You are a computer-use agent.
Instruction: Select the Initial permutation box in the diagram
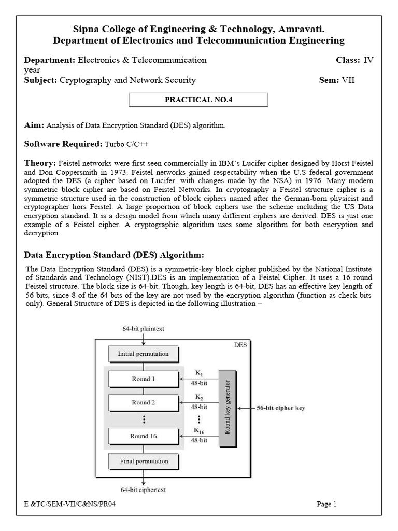[x=143, y=354]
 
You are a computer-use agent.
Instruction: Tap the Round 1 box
[x=143, y=379]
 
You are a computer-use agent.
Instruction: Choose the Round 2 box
[x=143, y=402]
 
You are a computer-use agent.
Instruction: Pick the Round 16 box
[x=143, y=436]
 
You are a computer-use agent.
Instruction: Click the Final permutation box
[x=143, y=460]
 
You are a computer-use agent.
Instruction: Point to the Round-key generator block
[x=228, y=408]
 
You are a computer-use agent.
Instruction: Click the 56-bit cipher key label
[x=280, y=408]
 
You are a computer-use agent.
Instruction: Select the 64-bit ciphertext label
[x=144, y=489]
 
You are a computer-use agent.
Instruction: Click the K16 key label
[x=200, y=430]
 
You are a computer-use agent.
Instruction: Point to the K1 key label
[x=200, y=373]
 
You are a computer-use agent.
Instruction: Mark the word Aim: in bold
[x=34, y=125]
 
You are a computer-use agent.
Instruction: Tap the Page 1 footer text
[x=326, y=504]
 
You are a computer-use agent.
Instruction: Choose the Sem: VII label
[x=337, y=80]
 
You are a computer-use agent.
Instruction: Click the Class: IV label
[x=354, y=60]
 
